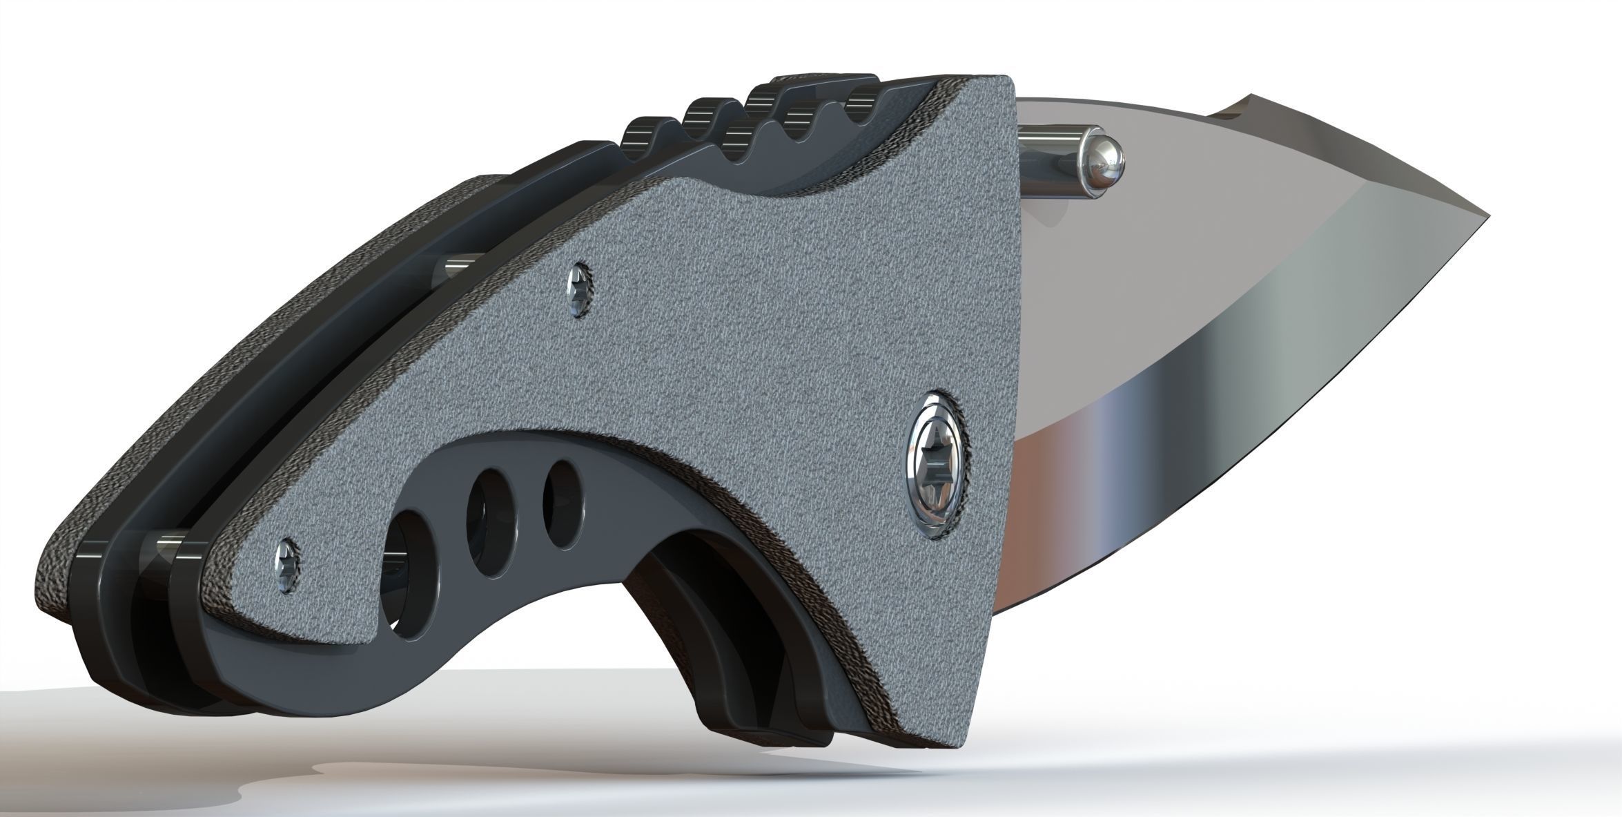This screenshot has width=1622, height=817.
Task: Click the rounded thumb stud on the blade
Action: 1102,163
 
